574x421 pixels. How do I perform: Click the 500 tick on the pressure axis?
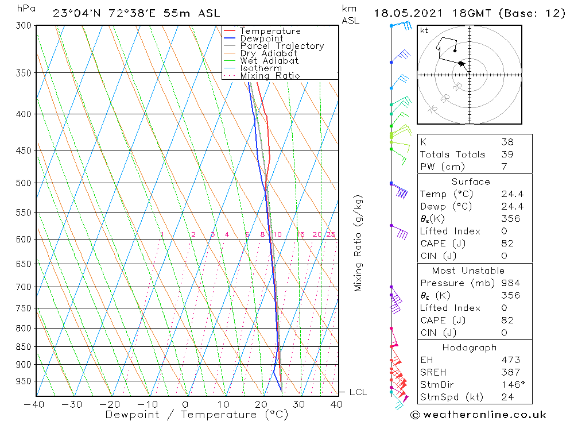(x=25, y=183)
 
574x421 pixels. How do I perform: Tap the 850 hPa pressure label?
(x=25, y=347)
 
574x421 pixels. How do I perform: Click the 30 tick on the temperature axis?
(x=298, y=404)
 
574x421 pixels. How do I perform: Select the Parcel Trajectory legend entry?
(x=282, y=46)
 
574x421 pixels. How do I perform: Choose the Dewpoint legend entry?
(x=261, y=38)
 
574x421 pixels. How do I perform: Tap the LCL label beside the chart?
(x=358, y=392)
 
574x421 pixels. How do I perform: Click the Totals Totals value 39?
(x=506, y=155)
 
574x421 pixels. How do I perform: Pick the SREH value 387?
(x=510, y=372)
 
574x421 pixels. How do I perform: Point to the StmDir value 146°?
(x=511, y=385)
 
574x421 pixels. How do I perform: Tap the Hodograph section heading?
(x=470, y=347)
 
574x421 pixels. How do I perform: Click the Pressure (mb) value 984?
(x=510, y=283)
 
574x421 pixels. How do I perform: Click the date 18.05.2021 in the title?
(x=405, y=13)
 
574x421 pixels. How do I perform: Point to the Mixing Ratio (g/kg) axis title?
(x=359, y=244)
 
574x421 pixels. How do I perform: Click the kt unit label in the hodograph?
(x=424, y=30)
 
